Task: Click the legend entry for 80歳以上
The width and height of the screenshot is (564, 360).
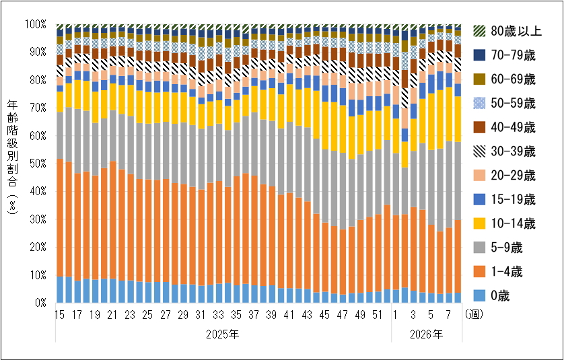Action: coord(505,31)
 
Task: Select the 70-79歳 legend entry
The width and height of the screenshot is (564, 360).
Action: coord(505,55)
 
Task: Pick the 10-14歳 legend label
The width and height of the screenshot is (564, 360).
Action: coord(505,223)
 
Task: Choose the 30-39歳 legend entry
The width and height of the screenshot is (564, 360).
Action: coord(505,151)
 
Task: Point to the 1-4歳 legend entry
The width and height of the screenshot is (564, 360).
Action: coord(505,272)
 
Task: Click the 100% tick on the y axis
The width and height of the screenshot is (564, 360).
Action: coord(36,24)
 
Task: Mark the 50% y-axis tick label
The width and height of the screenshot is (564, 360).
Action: coord(38,164)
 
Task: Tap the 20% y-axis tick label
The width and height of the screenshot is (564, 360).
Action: coord(38,247)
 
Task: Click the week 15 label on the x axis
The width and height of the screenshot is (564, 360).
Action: coord(59,314)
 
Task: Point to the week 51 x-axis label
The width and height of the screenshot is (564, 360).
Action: coord(378,314)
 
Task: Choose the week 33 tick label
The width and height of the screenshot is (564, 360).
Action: coord(219,314)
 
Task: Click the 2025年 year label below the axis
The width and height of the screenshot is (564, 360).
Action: coord(223,333)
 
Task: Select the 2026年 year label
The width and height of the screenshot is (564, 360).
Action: coord(427,333)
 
